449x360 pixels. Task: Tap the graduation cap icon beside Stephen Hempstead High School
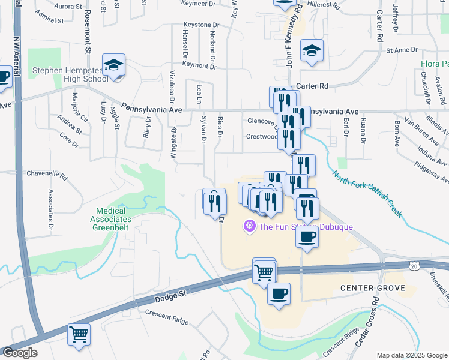(x=113, y=65)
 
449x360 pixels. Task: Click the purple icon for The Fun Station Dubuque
(x=249, y=226)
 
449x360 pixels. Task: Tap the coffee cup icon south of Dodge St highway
(x=279, y=294)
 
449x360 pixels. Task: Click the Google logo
(x=19, y=353)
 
